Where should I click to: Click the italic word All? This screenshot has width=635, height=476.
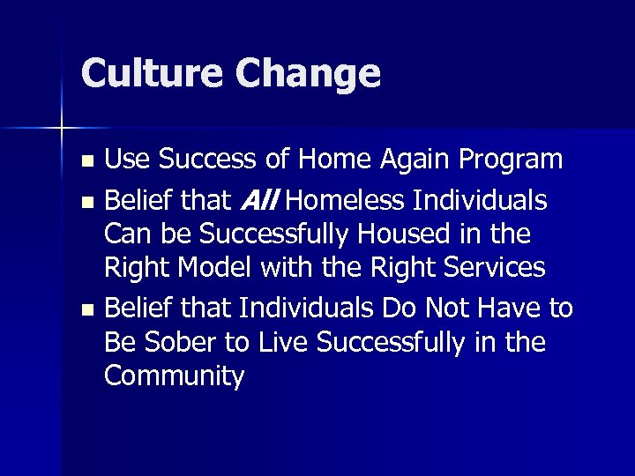click(x=258, y=202)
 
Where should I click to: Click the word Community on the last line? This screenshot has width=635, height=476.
click(x=174, y=376)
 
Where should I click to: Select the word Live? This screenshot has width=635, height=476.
click(x=265, y=342)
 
